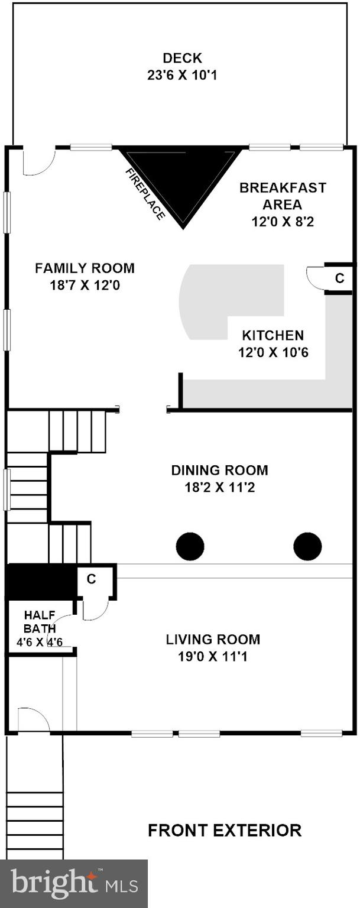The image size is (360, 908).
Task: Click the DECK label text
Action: pyautogui.click(x=182, y=58)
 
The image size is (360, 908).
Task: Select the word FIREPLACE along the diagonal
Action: pyautogui.click(x=145, y=194)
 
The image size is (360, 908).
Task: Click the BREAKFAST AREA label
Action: pyautogui.click(x=282, y=196)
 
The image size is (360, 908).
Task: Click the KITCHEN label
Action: pyautogui.click(x=273, y=336)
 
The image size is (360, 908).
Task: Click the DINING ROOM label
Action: pyautogui.click(x=219, y=471)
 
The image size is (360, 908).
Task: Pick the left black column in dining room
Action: pyautogui.click(x=190, y=546)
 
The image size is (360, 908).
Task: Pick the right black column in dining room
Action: pyautogui.click(x=307, y=546)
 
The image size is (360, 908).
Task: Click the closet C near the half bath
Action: pyautogui.click(x=92, y=579)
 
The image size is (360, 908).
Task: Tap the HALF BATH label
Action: pyautogui.click(x=40, y=621)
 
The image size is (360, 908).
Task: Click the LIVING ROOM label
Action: pyautogui.click(x=213, y=639)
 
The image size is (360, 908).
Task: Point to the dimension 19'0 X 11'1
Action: pyautogui.click(x=212, y=656)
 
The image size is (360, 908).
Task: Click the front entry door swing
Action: pyautogui.click(x=33, y=719)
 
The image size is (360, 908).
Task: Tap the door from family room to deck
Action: pyautogui.click(x=38, y=161)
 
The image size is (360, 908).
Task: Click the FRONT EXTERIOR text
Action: pyautogui.click(x=225, y=830)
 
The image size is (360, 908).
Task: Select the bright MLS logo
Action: pyautogui.click(x=74, y=884)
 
